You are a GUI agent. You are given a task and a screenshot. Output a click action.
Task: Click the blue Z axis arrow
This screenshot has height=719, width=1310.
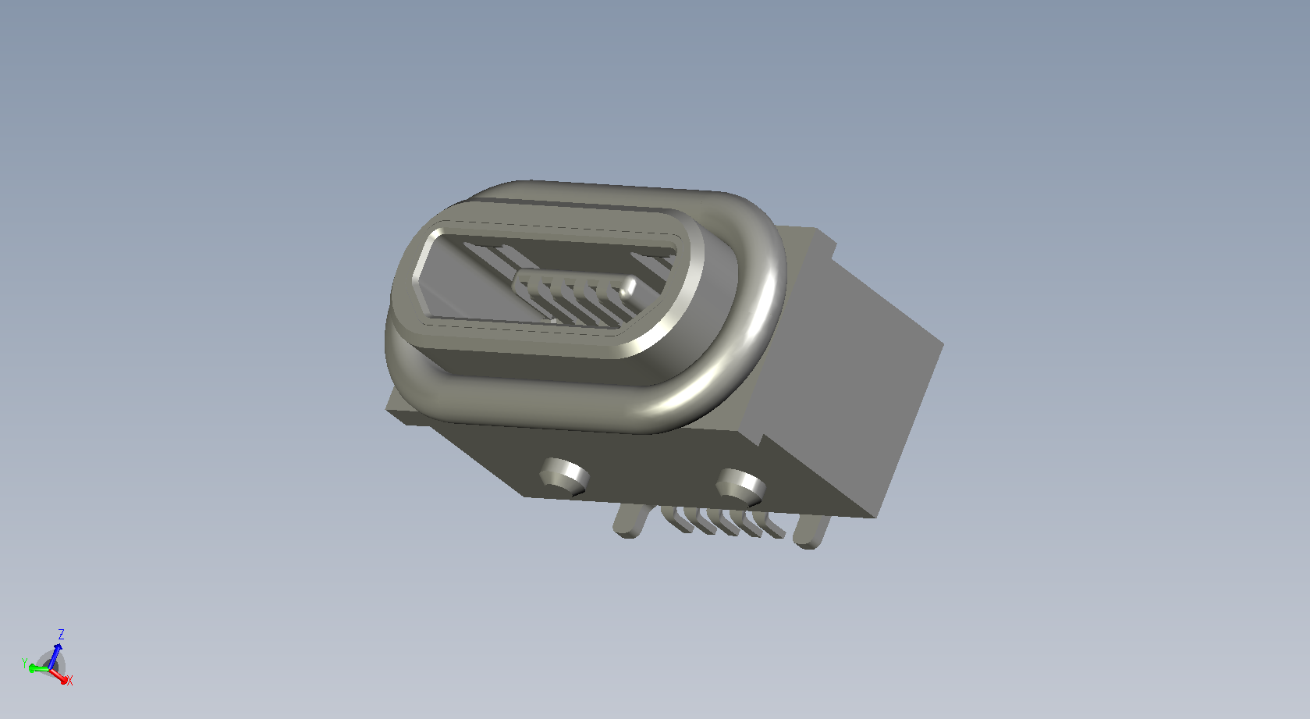click(55, 656)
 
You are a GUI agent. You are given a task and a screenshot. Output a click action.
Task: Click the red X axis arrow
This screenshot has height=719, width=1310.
click(58, 676)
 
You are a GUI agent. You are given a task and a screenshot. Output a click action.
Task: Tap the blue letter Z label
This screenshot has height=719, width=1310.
click(61, 634)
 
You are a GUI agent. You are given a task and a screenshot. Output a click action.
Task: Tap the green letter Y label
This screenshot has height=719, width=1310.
click(24, 663)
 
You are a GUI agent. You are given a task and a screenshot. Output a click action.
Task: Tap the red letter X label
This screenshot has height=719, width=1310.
click(70, 681)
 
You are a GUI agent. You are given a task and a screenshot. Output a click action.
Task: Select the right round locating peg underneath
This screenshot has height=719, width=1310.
click(741, 485)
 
